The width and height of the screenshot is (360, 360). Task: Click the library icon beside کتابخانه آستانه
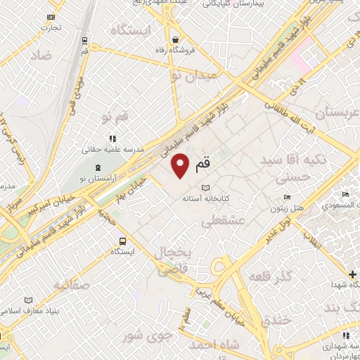coord(206,188)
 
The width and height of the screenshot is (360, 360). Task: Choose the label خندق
coord(275,321)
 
